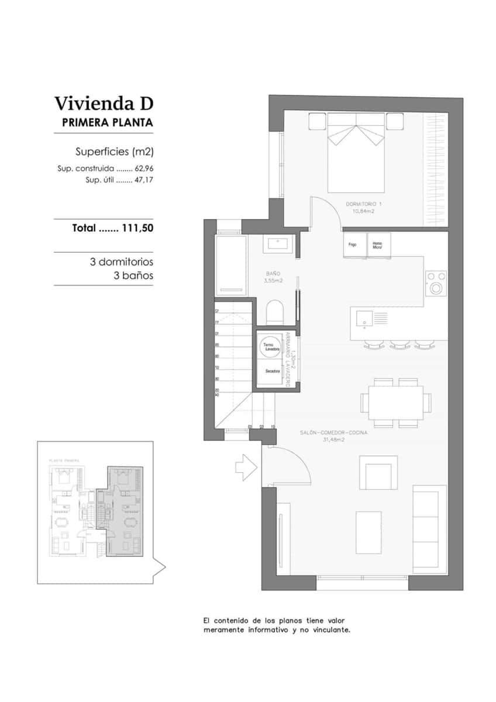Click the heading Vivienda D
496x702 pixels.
(104, 104)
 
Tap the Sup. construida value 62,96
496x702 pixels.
(144, 168)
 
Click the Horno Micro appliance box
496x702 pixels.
(378, 245)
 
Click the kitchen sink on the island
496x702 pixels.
(364, 319)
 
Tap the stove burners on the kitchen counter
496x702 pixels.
(435, 282)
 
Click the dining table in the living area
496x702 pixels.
(396, 402)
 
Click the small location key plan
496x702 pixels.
(99, 512)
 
